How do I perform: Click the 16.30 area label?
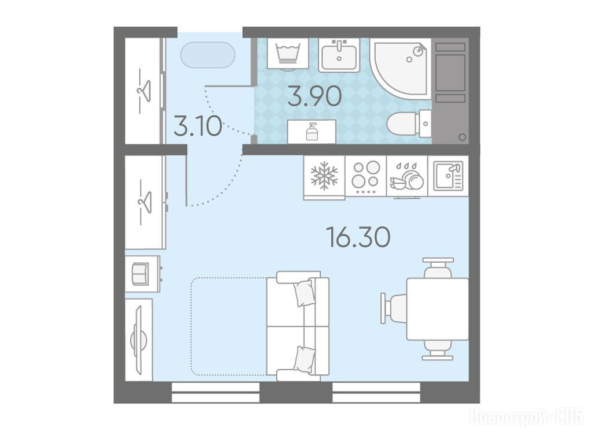click(x=360, y=237)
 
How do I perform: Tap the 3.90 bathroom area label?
click(x=315, y=96)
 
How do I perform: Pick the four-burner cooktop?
click(x=365, y=176)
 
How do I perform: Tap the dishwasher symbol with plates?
click(x=406, y=177)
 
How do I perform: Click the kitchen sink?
click(x=448, y=176)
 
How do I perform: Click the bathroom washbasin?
click(x=339, y=55)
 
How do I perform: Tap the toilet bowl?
click(x=409, y=124)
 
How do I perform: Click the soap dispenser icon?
click(x=312, y=131)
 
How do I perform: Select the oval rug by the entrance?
click(x=208, y=55)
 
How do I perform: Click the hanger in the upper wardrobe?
click(x=144, y=91)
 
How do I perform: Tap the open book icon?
click(x=139, y=273)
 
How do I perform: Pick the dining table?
click(x=437, y=309)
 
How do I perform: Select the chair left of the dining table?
click(x=394, y=308)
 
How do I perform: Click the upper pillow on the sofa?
click(x=304, y=293)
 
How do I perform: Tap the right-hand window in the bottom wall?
click(x=376, y=392)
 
